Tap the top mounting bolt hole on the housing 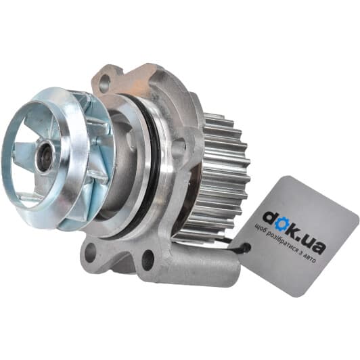point(105,81)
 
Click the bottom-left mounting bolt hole point(89,253)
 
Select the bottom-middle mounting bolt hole point(148,257)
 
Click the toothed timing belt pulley point(221,170)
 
